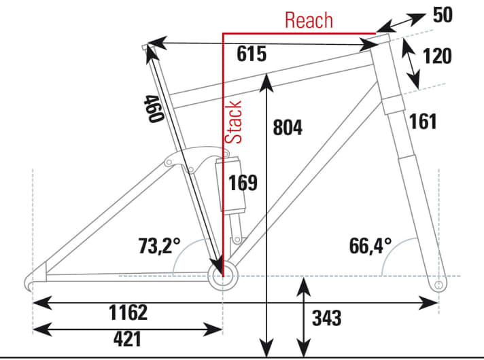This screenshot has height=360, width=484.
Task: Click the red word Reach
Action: pyautogui.click(x=309, y=20)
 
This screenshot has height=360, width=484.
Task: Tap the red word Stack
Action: pyautogui.click(x=234, y=122)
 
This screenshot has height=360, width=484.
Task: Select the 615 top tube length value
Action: pyautogui.click(x=251, y=55)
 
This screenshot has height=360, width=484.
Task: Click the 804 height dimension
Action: pyautogui.click(x=288, y=128)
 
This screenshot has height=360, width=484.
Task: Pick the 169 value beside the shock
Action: pyautogui.click(x=243, y=183)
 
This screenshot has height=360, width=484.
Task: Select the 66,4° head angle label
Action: pyautogui.click(x=372, y=245)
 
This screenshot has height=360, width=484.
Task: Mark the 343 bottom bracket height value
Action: pyautogui.click(x=326, y=317)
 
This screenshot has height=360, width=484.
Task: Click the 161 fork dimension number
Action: pyautogui.click(x=422, y=122)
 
